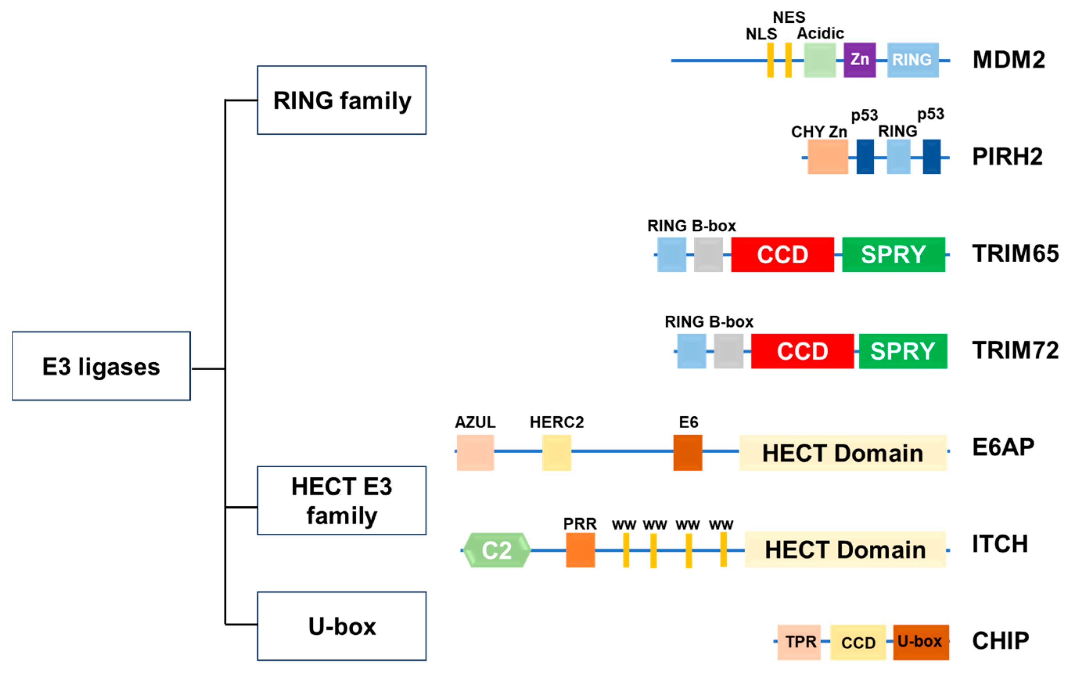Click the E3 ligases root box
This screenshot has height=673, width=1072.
(x=101, y=366)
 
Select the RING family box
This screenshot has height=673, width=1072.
(x=341, y=100)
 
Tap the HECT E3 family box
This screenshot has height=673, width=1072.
(x=341, y=500)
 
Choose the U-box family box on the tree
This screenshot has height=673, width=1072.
(x=341, y=626)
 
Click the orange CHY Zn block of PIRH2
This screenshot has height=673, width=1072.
(x=828, y=157)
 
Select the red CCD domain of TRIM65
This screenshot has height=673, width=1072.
(x=783, y=255)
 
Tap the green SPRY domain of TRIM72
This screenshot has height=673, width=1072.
(x=903, y=351)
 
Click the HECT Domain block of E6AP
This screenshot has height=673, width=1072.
(x=843, y=453)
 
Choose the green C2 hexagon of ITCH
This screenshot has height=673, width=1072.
(x=497, y=550)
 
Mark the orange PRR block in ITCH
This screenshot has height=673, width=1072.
(x=580, y=550)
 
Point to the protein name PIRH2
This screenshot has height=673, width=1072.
(x=1007, y=157)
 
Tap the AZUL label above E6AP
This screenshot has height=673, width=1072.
(x=475, y=422)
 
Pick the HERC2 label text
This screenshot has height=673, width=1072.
(x=557, y=422)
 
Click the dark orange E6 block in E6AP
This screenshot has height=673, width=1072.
(x=688, y=453)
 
